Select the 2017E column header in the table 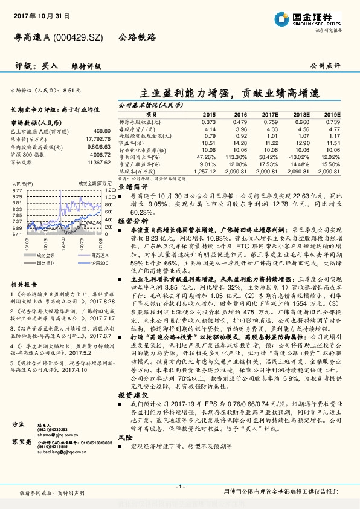pyautogui.click(x=269, y=114)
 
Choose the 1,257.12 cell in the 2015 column pyautogui.click(x=206, y=172)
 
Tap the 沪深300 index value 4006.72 pyautogui.click(x=97, y=154)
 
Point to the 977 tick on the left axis pyautogui.click(x=16, y=190)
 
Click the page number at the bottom pyautogui.click(x=179, y=487)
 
